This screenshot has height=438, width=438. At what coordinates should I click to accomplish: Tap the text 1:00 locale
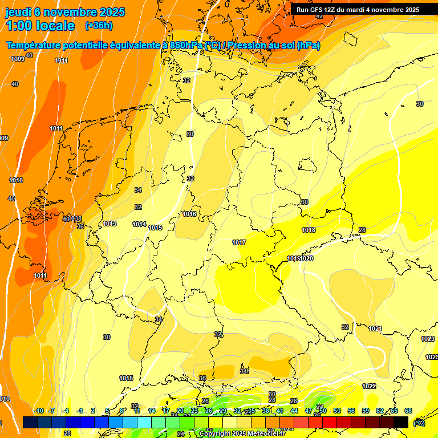pyautogui.click(x=40, y=26)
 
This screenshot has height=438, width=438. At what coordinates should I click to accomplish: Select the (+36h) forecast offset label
pyautogui.click(x=99, y=26)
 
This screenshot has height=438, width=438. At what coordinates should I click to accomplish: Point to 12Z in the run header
pyautogui.click(x=332, y=10)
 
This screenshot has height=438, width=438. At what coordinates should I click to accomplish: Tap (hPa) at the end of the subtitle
pyautogui.click(x=309, y=46)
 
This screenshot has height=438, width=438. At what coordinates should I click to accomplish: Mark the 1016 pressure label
pyautogui.click(x=189, y=214)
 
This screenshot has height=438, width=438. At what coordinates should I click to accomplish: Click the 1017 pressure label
pyautogui.click(x=239, y=243)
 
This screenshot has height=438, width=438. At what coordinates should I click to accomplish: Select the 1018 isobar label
pyautogui.click(x=309, y=230)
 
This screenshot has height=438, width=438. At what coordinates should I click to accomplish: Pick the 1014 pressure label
pyautogui.click(x=139, y=225)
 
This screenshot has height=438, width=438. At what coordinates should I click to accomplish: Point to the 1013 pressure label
pyautogui.click(x=109, y=224)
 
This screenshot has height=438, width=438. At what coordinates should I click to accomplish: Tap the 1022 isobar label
pyautogui.click(x=369, y=386)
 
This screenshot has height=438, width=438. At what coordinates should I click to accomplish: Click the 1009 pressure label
pyautogui.click(x=17, y=59)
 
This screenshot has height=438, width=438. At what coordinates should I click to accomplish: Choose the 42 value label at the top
pyautogui.click(x=319, y=17)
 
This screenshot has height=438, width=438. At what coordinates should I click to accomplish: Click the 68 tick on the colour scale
pyautogui.click(x=408, y=411)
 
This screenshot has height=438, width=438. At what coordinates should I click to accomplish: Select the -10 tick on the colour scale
pyautogui.click(x=39, y=411)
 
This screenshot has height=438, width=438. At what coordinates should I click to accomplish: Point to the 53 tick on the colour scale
pyautogui.click(x=337, y=411)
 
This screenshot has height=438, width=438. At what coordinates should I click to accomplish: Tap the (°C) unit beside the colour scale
pyautogui.click(x=419, y=423)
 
